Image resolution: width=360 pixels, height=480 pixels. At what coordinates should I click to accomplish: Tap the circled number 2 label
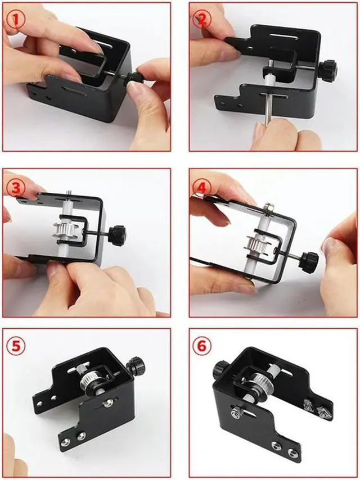coord(202,20)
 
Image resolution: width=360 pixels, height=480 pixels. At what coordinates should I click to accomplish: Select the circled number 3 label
coord(15,188)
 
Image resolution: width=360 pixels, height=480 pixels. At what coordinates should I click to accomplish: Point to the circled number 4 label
coord(201,189)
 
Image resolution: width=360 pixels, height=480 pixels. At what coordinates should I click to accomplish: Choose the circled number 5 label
coord(16,346)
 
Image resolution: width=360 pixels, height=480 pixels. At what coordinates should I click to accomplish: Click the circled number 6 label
coord(202,346)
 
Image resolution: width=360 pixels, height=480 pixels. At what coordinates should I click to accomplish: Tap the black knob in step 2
coord(327,71)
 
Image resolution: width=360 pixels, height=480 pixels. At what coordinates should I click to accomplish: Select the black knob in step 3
coord(117,236)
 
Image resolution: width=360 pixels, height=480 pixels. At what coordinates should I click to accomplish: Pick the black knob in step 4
coord(308,262)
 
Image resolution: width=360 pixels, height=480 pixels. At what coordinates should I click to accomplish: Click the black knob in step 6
coord(221,370)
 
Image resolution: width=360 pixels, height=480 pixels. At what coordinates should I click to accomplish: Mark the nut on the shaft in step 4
coord(269,209)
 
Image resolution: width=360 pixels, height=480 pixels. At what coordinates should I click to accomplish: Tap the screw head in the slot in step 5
coord(108,402)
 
